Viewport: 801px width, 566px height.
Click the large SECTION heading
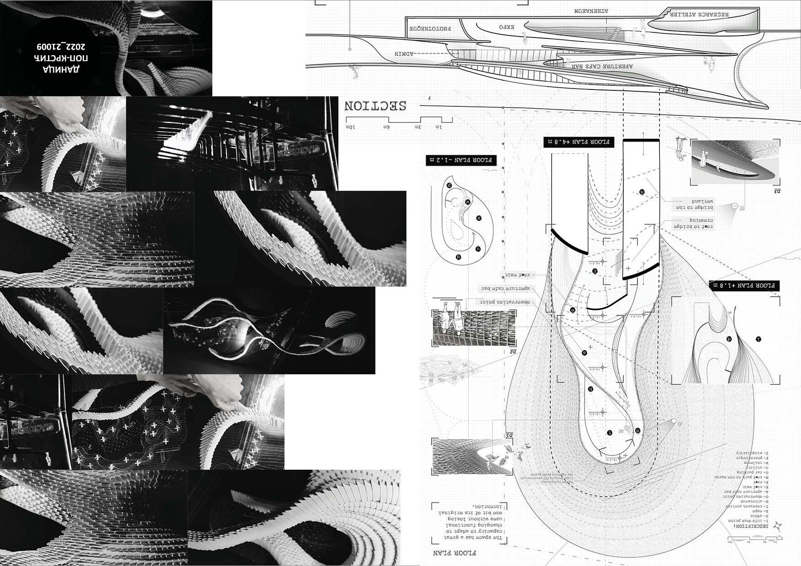[x=375, y=106]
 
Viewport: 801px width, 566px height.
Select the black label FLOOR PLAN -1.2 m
[x=461, y=160]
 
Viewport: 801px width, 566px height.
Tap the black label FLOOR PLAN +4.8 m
[x=579, y=142]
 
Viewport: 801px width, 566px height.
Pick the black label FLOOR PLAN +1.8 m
[x=744, y=286]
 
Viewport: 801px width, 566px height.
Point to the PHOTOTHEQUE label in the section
[x=430, y=28]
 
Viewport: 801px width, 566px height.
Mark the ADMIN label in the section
[x=404, y=54]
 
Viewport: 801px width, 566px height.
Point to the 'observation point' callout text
[x=505, y=302]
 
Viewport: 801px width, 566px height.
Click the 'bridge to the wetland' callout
[x=696, y=204]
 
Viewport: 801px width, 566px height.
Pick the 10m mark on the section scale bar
[x=351, y=126]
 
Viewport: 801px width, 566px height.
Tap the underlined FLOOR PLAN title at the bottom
[x=455, y=553]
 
